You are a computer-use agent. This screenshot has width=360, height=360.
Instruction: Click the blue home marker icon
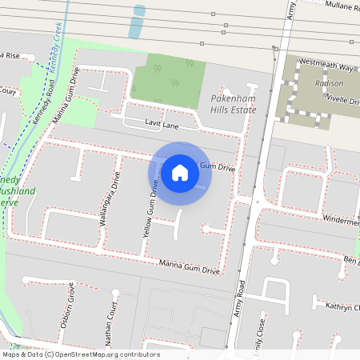tap(180, 172)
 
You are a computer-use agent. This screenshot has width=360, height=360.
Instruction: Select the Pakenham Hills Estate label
tap(233, 103)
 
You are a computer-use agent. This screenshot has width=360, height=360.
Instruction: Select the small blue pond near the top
tap(138, 22)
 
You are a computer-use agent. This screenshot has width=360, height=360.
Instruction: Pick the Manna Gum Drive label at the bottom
tap(189, 267)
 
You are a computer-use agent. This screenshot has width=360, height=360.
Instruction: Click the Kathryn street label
tap(342, 306)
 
